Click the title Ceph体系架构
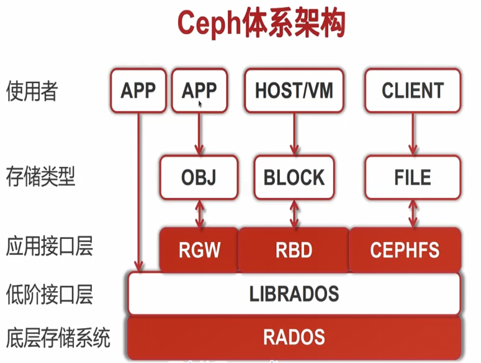(x=261, y=24)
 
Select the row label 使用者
(x=32, y=91)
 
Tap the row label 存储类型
(x=40, y=177)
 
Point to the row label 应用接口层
(x=49, y=247)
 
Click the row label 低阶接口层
(x=49, y=293)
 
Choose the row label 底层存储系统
(x=58, y=338)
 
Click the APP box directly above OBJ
(x=199, y=91)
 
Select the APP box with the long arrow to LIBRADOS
(x=138, y=91)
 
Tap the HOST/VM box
(x=294, y=91)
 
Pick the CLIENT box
(x=413, y=91)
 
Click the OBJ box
(x=199, y=177)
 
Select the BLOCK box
(x=294, y=177)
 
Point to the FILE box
(x=413, y=177)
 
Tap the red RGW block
(x=199, y=250)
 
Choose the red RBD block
(x=294, y=250)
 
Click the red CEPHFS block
(x=405, y=250)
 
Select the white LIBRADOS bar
(x=294, y=293)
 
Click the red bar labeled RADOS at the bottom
(x=294, y=337)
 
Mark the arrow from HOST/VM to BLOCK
(x=294, y=134)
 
